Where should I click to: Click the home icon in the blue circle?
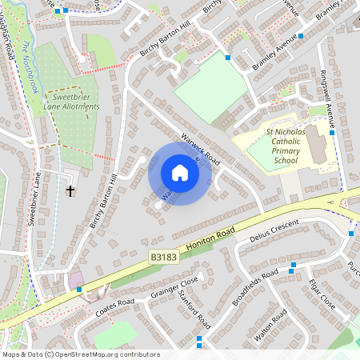point(179,173)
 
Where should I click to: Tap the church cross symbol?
point(70,191)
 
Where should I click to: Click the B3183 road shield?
point(163,258)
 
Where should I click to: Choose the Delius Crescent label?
point(273,230)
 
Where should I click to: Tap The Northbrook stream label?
point(30,67)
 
